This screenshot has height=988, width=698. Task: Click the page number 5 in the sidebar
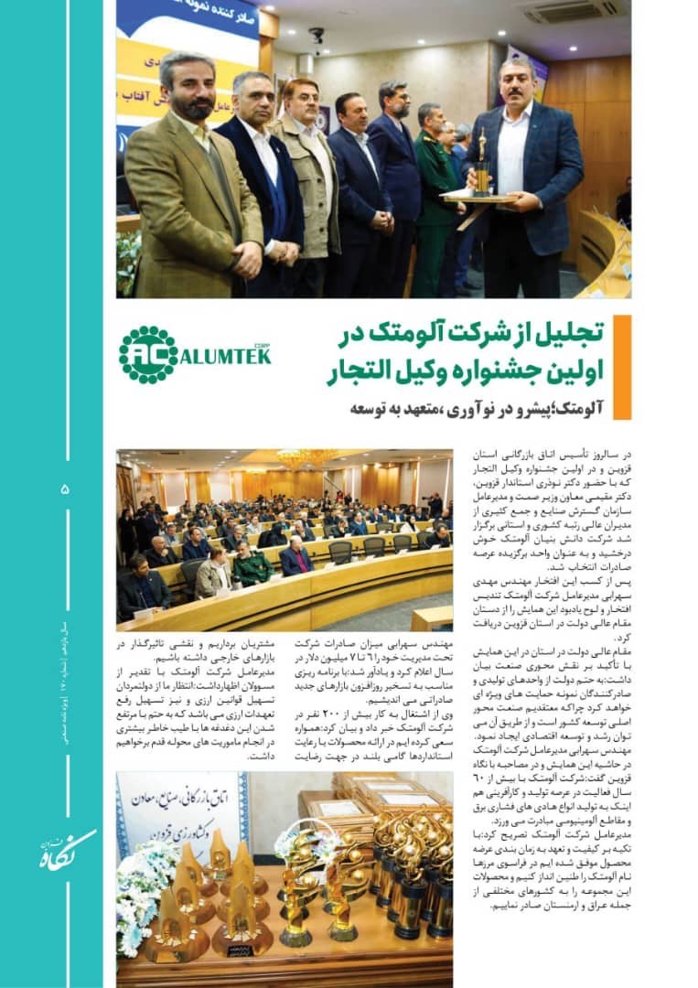(x=65, y=489)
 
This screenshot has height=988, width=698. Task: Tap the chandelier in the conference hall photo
(x=307, y=457)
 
